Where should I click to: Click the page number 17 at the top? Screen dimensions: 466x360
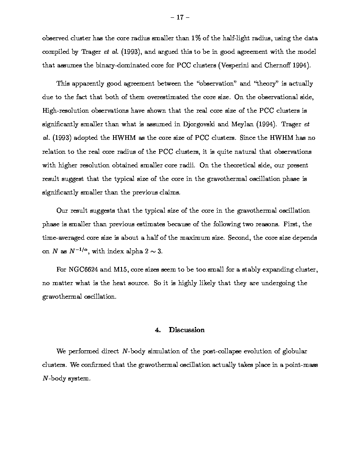click(180, 17)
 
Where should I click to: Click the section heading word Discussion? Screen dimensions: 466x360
click(187, 330)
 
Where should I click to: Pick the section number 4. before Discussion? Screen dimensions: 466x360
click(158, 330)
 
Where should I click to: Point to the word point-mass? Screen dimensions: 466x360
click(301, 365)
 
